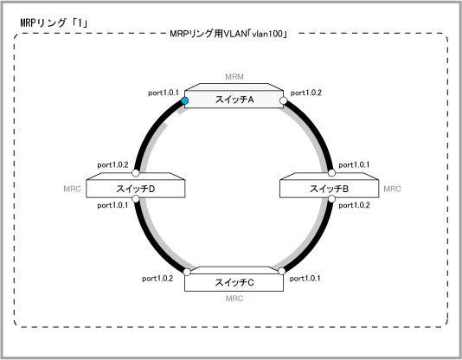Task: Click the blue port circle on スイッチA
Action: click(x=185, y=100)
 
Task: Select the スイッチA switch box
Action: click(x=234, y=96)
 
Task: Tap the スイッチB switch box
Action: click(x=329, y=185)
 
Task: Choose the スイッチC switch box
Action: click(x=234, y=279)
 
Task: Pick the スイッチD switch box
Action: click(x=136, y=185)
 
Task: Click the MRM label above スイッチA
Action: click(x=234, y=77)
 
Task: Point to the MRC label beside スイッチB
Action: click(x=392, y=189)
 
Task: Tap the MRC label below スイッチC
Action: click(x=234, y=299)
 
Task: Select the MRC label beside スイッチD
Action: click(x=72, y=189)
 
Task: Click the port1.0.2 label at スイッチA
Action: click(x=306, y=93)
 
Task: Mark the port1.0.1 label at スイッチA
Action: click(x=164, y=93)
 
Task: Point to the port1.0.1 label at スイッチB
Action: click(x=354, y=165)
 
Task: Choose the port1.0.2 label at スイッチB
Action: click(x=354, y=205)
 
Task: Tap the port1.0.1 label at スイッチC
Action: click(x=305, y=279)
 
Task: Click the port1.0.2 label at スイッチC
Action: click(x=157, y=279)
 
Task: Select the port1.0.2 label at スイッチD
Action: click(x=112, y=165)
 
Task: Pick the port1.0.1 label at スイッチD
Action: click(x=112, y=205)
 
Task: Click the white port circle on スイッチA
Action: click(x=284, y=100)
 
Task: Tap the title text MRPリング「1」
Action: click(x=54, y=23)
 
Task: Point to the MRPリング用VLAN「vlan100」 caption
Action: click(x=228, y=34)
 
